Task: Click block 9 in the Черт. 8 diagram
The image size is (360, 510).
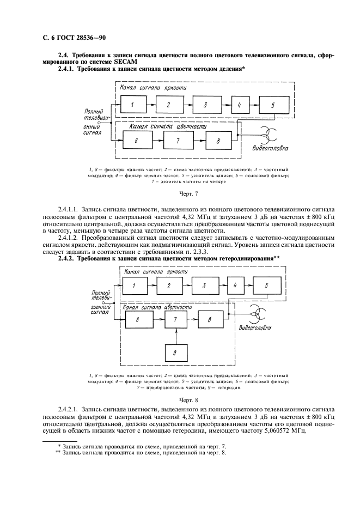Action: point(175,353)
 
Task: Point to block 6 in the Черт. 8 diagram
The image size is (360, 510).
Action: point(138,320)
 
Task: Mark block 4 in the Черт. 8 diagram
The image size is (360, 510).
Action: point(235,285)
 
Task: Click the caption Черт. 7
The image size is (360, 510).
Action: point(179,193)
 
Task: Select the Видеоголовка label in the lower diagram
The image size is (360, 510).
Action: point(257,329)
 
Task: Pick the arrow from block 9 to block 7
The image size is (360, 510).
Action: point(175,336)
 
